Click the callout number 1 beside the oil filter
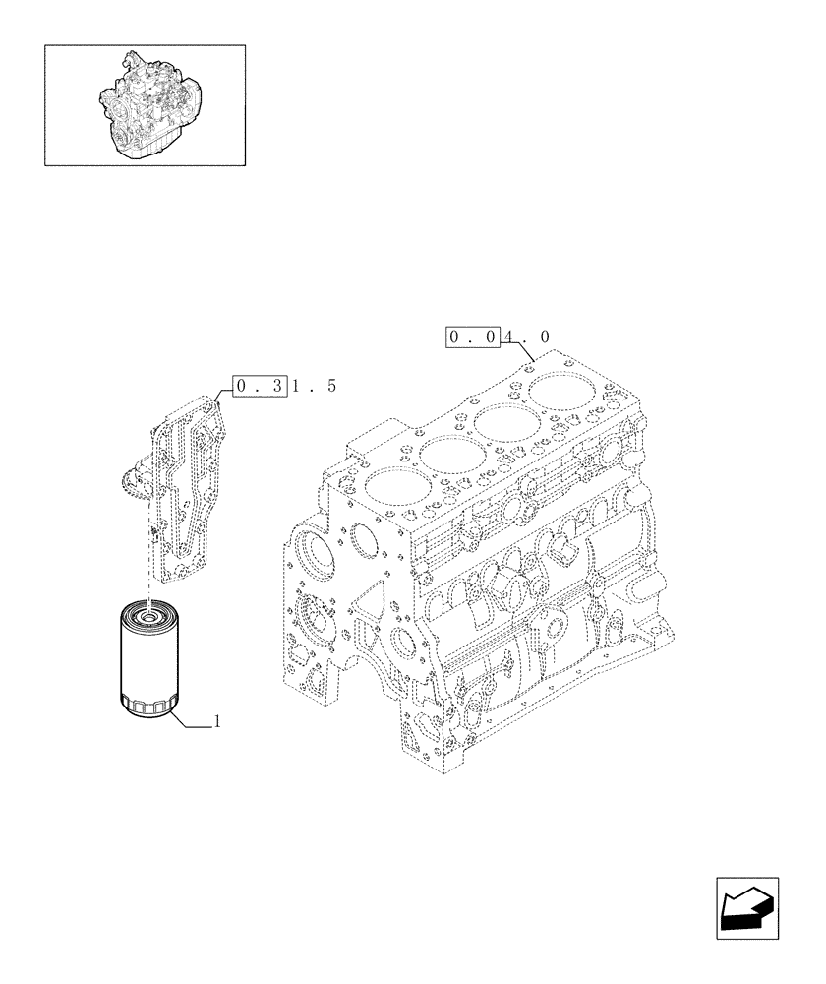click(216, 721)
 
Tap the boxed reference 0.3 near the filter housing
click(260, 386)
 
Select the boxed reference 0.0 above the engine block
click(474, 338)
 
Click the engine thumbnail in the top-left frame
click(145, 104)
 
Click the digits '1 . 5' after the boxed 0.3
click(313, 386)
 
